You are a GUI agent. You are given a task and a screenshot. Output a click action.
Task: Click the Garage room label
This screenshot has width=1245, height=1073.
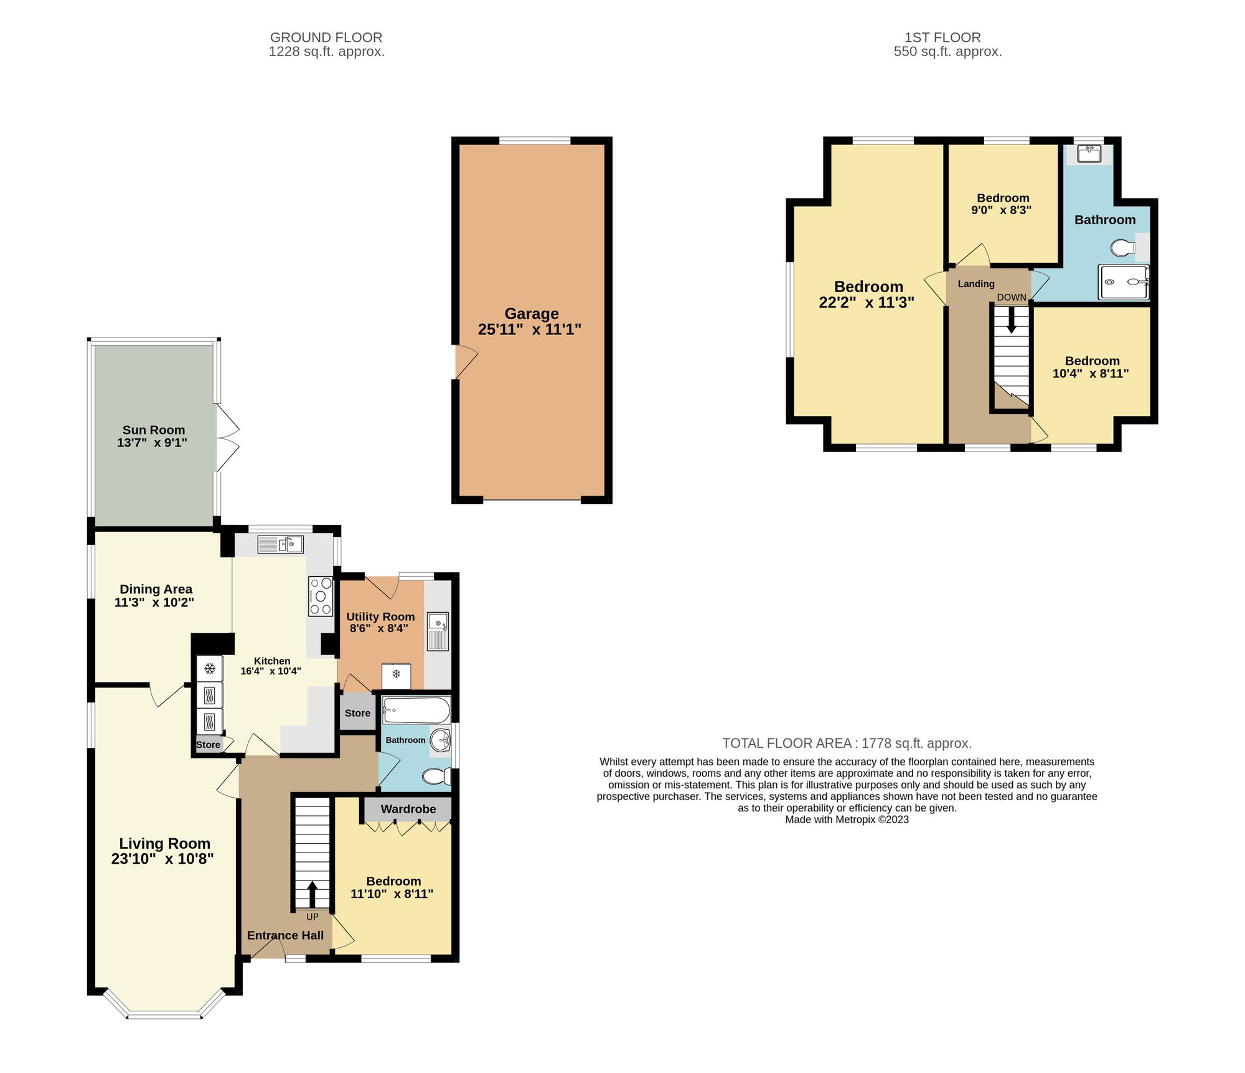(531, 313)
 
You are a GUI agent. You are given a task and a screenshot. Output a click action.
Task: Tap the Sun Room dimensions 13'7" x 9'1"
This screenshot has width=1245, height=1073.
(152, 443)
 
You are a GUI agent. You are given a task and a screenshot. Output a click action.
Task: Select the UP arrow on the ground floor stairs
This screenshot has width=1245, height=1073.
(312, 894)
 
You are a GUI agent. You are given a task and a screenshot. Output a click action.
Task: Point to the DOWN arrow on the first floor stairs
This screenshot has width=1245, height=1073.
(1012, 320)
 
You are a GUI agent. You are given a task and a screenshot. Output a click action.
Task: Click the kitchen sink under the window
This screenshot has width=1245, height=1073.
(281, 545)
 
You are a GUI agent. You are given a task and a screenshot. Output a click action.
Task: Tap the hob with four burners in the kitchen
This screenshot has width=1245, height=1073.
(321, 597)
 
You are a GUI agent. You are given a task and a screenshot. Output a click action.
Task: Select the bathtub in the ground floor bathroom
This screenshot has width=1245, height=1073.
(416, 710)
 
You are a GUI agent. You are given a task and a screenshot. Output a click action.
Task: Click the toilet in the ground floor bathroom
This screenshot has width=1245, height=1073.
(437, 776)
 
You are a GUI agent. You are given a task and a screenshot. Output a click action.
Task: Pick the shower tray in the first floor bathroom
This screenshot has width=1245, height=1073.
(1123, 281)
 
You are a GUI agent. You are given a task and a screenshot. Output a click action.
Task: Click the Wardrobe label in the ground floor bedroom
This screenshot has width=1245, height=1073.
(408, 809)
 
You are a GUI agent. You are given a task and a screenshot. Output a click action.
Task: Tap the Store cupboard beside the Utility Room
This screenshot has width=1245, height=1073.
(357, 713)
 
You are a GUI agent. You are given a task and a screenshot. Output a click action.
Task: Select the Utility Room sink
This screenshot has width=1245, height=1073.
(438, 630)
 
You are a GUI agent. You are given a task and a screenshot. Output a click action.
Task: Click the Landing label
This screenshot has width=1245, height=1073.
(975, 284)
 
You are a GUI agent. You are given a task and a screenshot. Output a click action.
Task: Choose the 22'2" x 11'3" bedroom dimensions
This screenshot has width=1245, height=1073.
(866, 303)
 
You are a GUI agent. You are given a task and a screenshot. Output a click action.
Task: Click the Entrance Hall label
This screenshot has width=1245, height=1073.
(285, 935)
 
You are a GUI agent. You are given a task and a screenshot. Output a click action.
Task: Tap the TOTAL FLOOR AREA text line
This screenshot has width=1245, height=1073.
(847, 743)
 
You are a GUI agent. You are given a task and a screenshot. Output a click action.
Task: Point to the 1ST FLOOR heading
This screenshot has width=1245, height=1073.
(942, 37)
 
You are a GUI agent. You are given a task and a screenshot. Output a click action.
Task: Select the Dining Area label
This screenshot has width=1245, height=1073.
(156, 589)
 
